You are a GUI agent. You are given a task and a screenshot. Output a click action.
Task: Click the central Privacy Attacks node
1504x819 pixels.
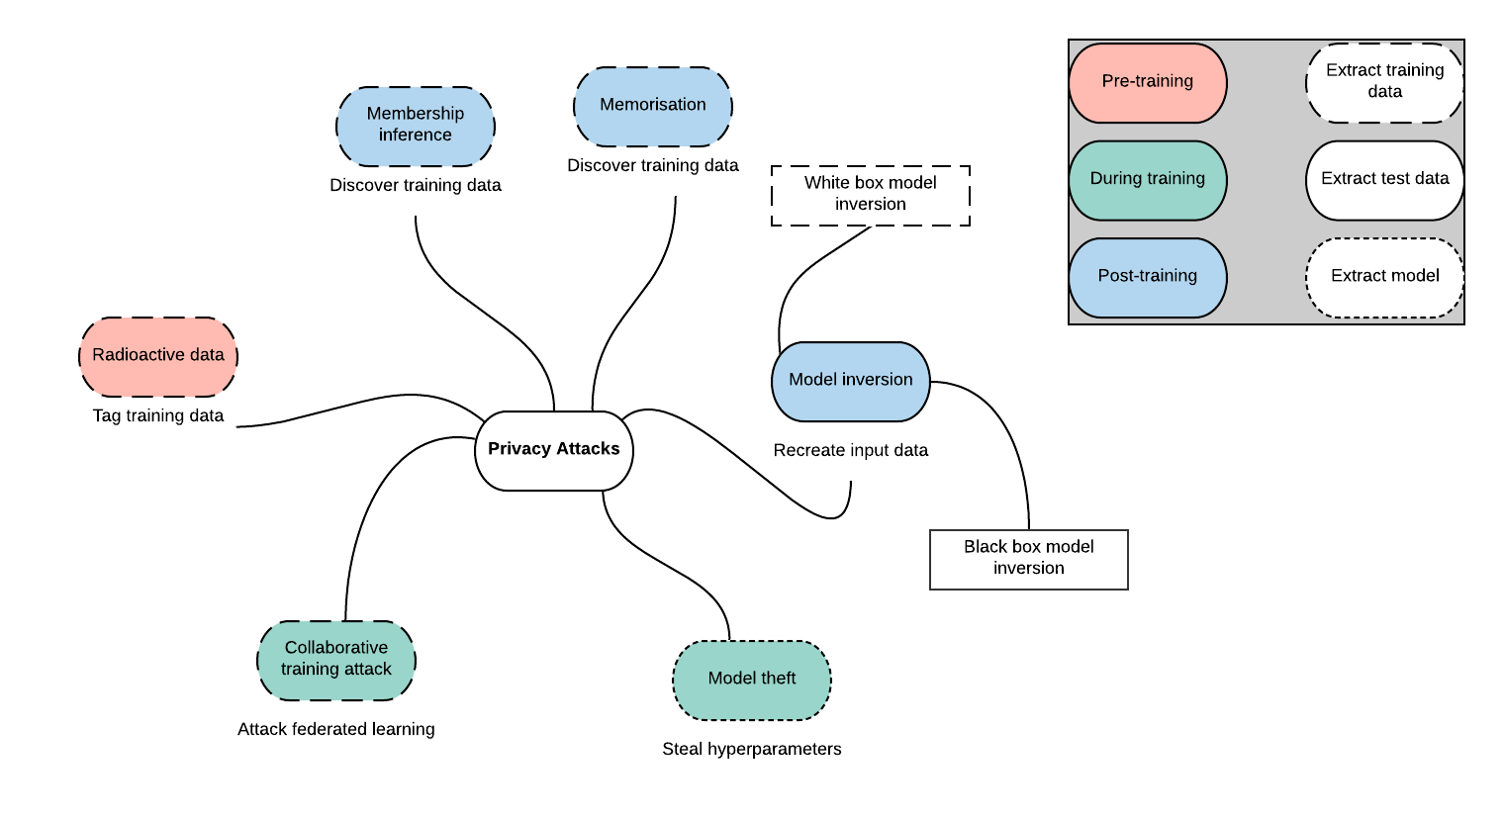[x=554, y=450]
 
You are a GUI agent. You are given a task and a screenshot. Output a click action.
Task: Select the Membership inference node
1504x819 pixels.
[x=416, y=127]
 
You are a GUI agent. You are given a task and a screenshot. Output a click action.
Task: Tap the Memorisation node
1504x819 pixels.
[x=653, y=107]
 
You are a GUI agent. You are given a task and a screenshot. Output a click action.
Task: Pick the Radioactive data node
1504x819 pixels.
[x=158, y=357]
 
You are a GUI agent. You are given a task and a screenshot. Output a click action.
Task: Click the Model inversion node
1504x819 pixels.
[x=851, y=381]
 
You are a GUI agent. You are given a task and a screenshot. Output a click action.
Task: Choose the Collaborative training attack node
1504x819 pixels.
[x=336, y=661]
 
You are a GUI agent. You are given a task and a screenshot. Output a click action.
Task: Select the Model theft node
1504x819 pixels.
[x=752, y=681]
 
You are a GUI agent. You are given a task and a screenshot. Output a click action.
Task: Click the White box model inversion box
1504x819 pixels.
[x=871, y=195]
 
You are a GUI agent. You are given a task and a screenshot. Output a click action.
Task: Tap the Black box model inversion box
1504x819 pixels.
[x=1029, y=560]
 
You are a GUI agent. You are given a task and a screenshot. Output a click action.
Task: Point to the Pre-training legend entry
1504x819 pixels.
[x=1148, y=83]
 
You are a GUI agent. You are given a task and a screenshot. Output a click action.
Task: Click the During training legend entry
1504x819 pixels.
[x=1148, y=181]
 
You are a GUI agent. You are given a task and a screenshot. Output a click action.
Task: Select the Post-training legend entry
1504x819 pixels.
[x=1148, y=277]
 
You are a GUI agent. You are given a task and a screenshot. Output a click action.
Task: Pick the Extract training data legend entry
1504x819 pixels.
[x=1385, y=83]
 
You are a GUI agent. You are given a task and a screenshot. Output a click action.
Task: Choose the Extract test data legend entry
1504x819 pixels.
[x=1385, y=181]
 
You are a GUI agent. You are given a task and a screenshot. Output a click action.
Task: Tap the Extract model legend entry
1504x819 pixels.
[x=1385, y=277]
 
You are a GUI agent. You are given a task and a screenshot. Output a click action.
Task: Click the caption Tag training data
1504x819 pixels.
[x=158, y=415]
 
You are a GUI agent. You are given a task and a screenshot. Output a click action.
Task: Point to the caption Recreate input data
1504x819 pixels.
[x=851, y=450]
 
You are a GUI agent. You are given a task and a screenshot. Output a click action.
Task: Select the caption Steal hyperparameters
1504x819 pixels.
[x=752, y=749]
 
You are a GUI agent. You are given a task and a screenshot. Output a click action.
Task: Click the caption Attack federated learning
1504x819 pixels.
[x=336, y=729]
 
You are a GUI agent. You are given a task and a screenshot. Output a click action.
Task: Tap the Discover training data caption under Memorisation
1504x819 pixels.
[x=653, y=165]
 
